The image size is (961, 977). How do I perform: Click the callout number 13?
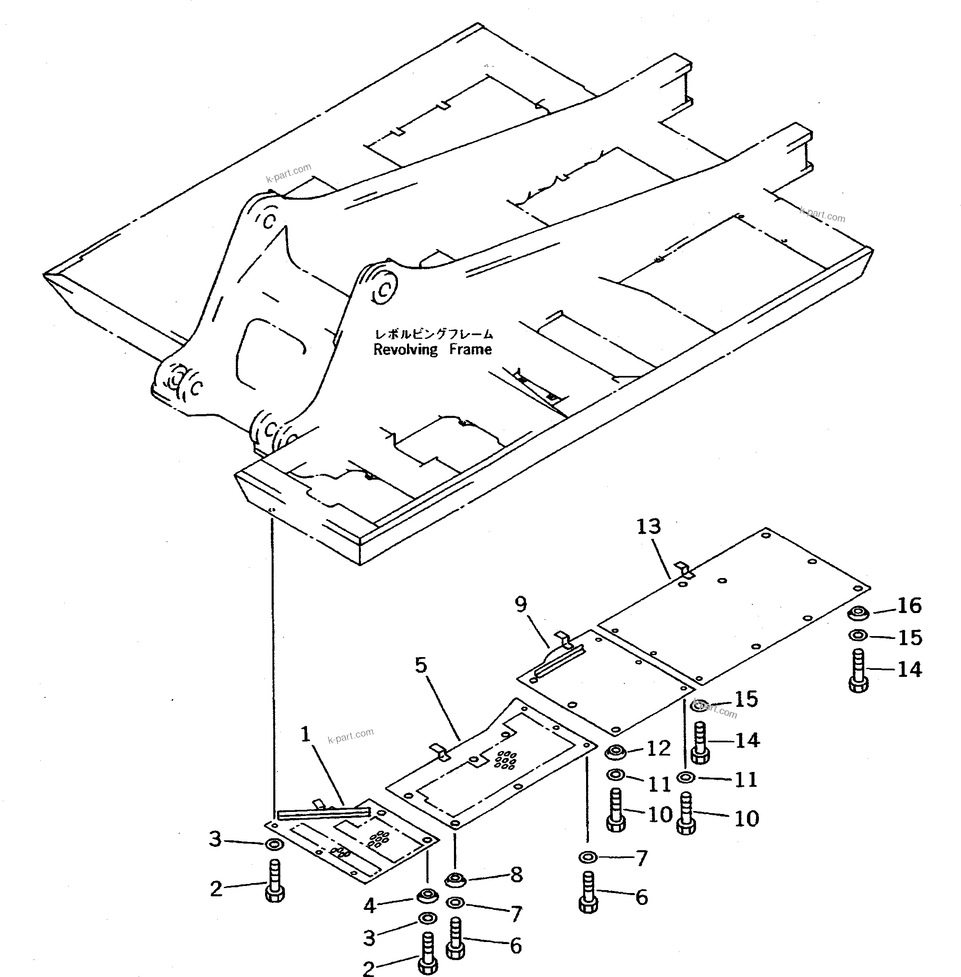[649, 527]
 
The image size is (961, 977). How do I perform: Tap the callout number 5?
[421, 665]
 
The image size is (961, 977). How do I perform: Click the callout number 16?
[910, 605]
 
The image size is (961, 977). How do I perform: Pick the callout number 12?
[658, 748]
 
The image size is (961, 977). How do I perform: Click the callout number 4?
[370, 906]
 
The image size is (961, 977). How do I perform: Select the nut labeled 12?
[616, 752]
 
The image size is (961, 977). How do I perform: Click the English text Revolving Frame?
[432, 350]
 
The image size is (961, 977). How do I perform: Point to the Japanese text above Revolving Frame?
[433, 334]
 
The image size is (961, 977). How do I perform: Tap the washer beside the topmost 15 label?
[858, 635]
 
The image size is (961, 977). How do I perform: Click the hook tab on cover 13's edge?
[685, 569]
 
